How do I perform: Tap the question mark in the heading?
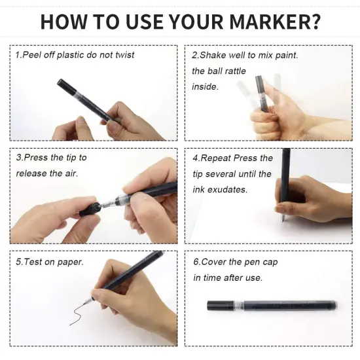click(314, 22)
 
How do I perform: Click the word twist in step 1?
click(124, 55)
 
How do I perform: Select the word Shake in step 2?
click(213, 55)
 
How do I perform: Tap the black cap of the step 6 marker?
click(221, 306)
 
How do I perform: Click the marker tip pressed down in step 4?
click(283, 219)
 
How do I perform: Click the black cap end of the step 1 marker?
click(67, 86)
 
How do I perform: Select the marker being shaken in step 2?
click(262, 94)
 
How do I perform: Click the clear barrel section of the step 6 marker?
click(239, 306)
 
